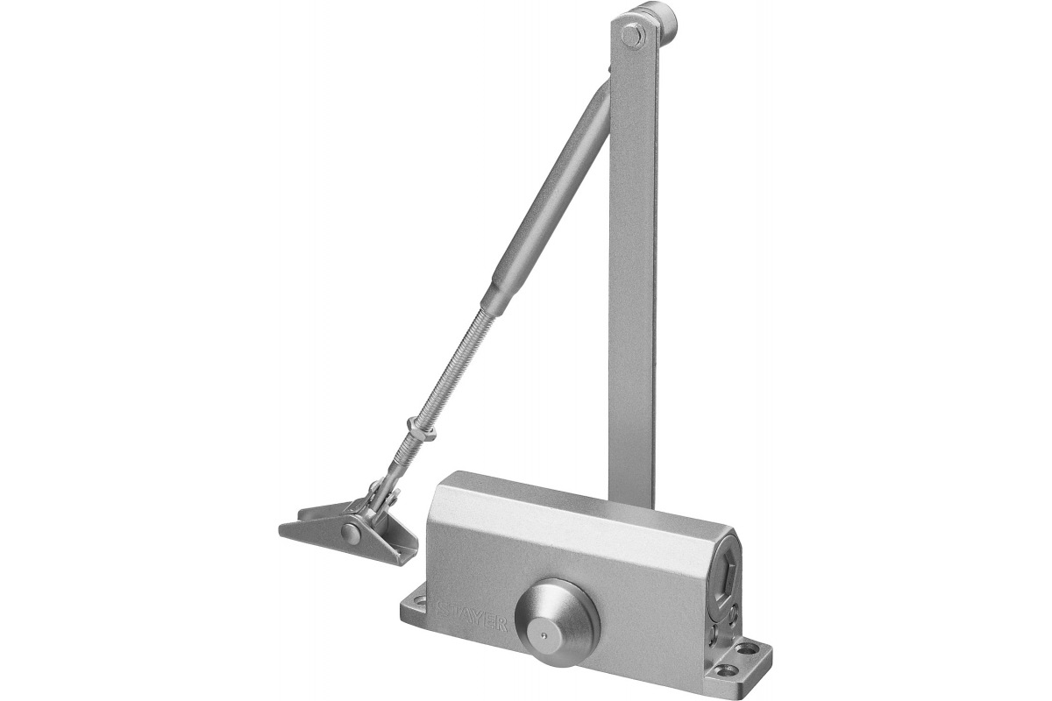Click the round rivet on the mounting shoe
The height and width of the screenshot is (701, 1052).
tap(350, 532)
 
